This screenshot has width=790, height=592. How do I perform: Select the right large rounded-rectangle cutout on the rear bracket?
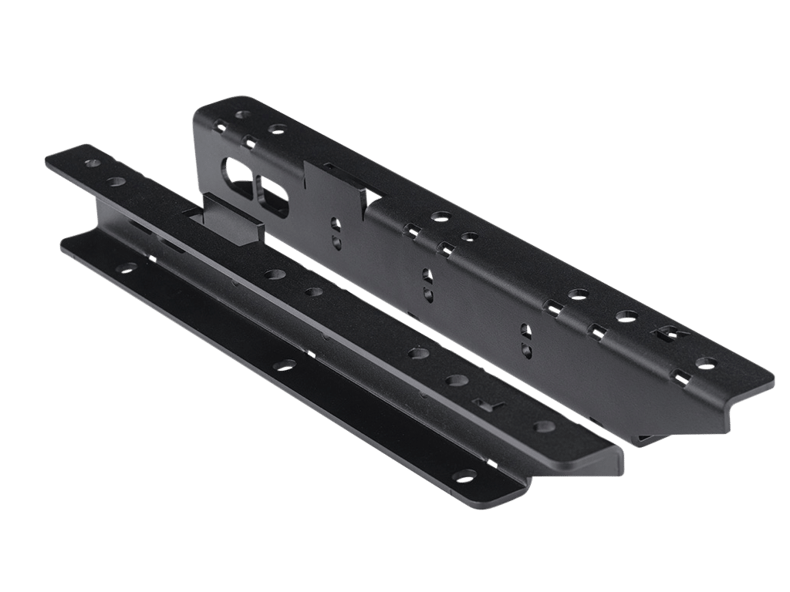(x=275, y=194)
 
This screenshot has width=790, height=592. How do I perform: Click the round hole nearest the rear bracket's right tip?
(x=703, y=362)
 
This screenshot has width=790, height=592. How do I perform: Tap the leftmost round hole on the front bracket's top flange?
(x=93, y=164)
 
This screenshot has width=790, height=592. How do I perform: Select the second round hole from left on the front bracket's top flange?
(x=117, y=181)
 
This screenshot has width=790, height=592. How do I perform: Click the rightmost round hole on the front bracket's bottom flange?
(x=465, y=476)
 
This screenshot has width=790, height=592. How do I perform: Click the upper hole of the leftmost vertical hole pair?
(x=336, y=225)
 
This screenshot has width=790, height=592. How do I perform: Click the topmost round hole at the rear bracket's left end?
(x=244, y=115)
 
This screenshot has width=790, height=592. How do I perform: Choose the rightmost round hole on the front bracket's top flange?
(x=545, y=426)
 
